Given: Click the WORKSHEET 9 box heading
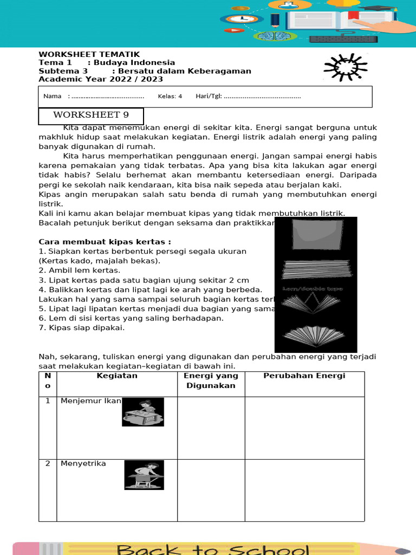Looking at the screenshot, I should tap(90, 115).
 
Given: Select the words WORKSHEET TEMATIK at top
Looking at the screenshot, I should tap(89, 54).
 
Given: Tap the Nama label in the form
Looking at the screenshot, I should tap(52, 96).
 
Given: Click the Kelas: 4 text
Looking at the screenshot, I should tap(170, 96).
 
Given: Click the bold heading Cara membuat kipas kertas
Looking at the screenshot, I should tap(105, 242).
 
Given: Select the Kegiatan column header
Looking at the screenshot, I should tap(117, 376).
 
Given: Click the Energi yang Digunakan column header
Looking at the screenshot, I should tap(211, 380).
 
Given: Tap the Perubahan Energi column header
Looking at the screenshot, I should tap(304, 376).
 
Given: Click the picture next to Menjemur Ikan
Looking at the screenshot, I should tap(142, 412).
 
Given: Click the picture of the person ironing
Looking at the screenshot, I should tap(144, 475).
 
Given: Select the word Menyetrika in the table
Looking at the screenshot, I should tap(83, 463).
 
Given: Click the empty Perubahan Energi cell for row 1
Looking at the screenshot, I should tap(304, 428).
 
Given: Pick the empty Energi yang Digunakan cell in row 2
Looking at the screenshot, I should tap(211, 490).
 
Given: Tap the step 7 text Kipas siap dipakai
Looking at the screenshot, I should tap(81, 328).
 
